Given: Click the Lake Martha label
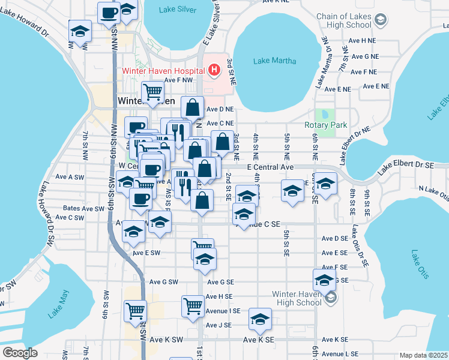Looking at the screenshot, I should click(271, 61).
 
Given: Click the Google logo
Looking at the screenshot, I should click(20, 353).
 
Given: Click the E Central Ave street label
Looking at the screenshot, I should click(270, 167).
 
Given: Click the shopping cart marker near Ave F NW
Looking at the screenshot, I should click(153, 91).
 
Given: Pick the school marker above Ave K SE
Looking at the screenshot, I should click(260, 319).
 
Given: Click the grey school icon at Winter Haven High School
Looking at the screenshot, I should click(330, 297).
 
